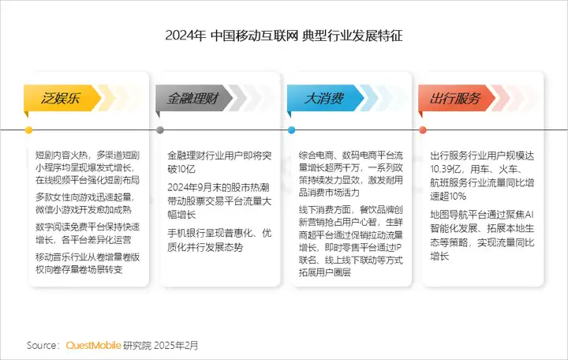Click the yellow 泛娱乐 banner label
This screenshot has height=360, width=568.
pos(60,98)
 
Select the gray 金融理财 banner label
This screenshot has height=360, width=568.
pos(192,98)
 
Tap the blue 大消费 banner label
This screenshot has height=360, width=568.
pos(323,98)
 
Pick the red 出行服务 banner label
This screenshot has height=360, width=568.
pos(454,98)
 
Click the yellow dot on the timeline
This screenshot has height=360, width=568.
pos(28,129)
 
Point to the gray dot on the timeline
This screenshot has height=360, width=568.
pos(160,129)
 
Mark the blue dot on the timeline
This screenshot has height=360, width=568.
pos(291,129)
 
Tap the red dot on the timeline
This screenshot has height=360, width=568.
pos(422,129)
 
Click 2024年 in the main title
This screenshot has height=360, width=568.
pos(185,36)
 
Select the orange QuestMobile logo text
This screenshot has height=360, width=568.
pos(93,345)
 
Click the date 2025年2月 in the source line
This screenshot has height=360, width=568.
pos(176,345)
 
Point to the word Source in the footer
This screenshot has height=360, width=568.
pos(41,345)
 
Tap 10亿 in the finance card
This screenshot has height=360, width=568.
pos(186,169)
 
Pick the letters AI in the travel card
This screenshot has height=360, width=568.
pos(529,215)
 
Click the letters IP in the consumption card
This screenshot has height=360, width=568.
pos(398,248)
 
